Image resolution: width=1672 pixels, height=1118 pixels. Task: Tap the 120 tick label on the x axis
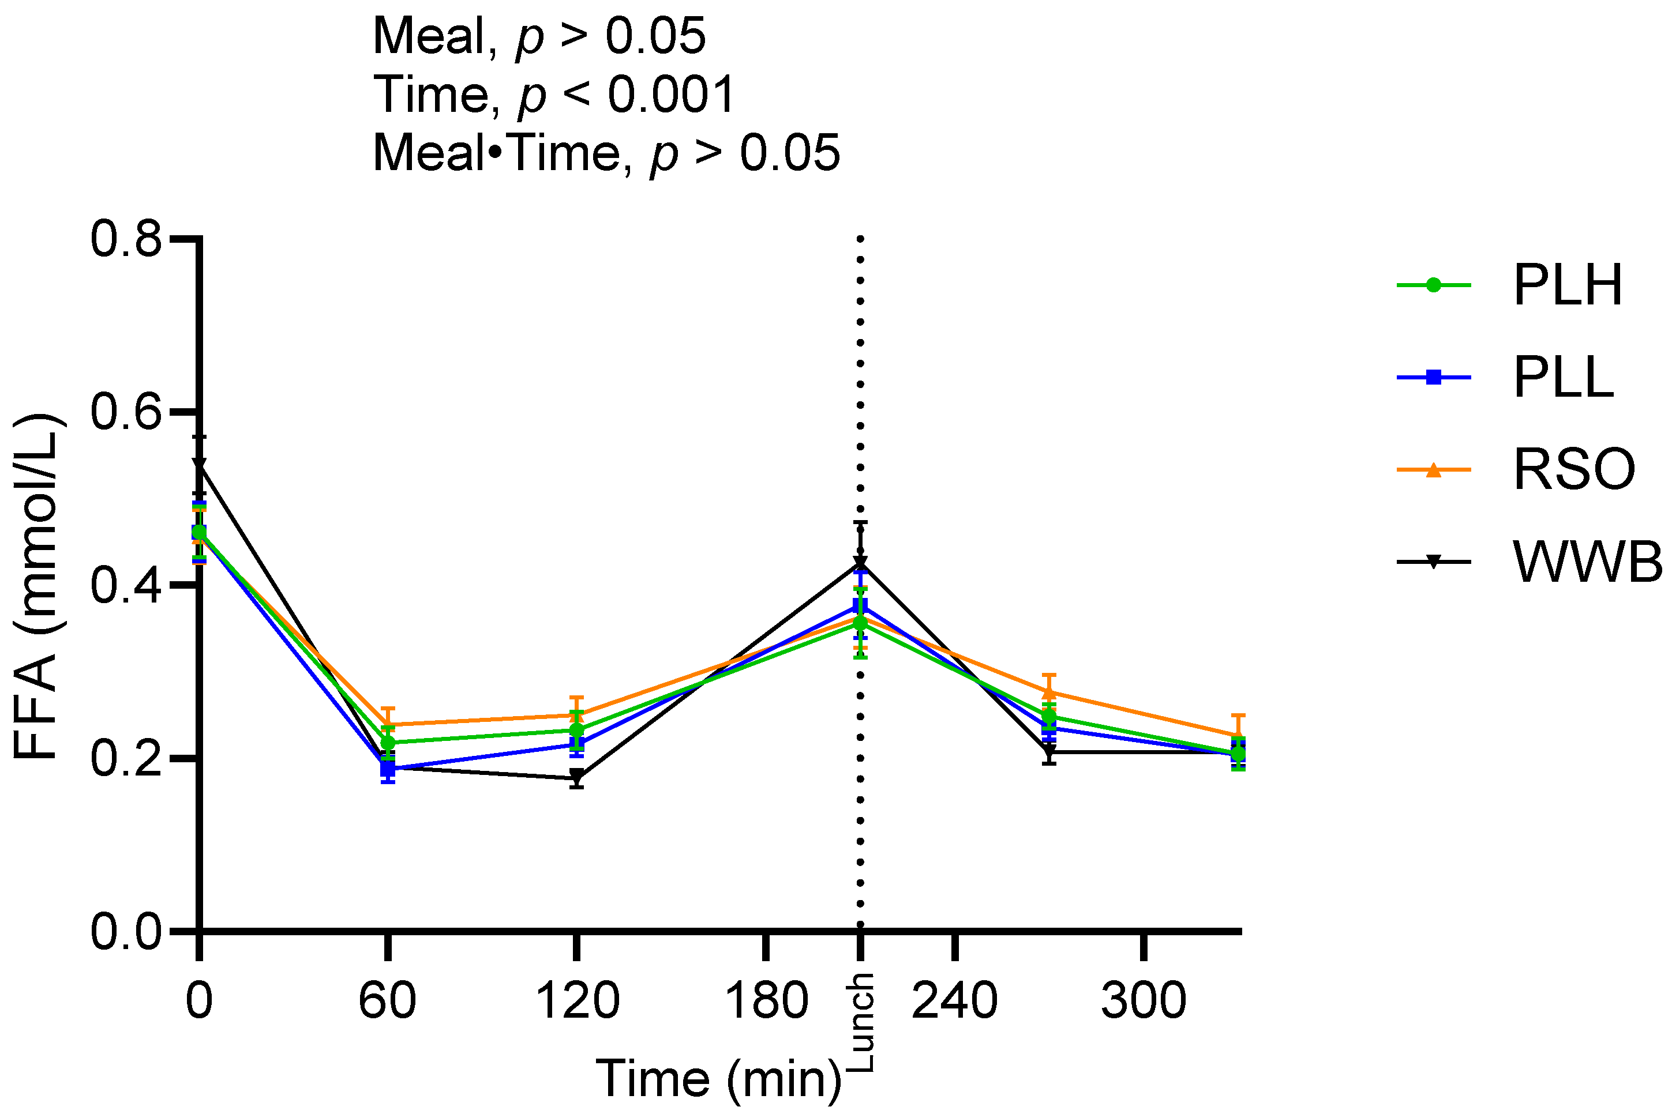pyautogui.click(x=576, y=1000)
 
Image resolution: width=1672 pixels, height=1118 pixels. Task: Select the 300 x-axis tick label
pyautogui.click(x=1144, y=1000)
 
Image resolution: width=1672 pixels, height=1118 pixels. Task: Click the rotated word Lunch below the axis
pyautogui.click(x=860, y=1022)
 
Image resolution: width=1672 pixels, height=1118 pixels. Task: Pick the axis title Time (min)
pyautogui.click(x=718, y=1078)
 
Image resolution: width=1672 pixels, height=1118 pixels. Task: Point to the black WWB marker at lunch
pyautogui.click(x=860, y=563)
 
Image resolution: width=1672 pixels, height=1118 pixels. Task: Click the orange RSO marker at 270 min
pyautogui.click(x=1048, y=692)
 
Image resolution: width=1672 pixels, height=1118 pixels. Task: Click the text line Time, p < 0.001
pyautogui.click(x=553, y=95)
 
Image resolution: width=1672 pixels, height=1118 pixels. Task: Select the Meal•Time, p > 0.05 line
pyautogui.click(x=606, y=153)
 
